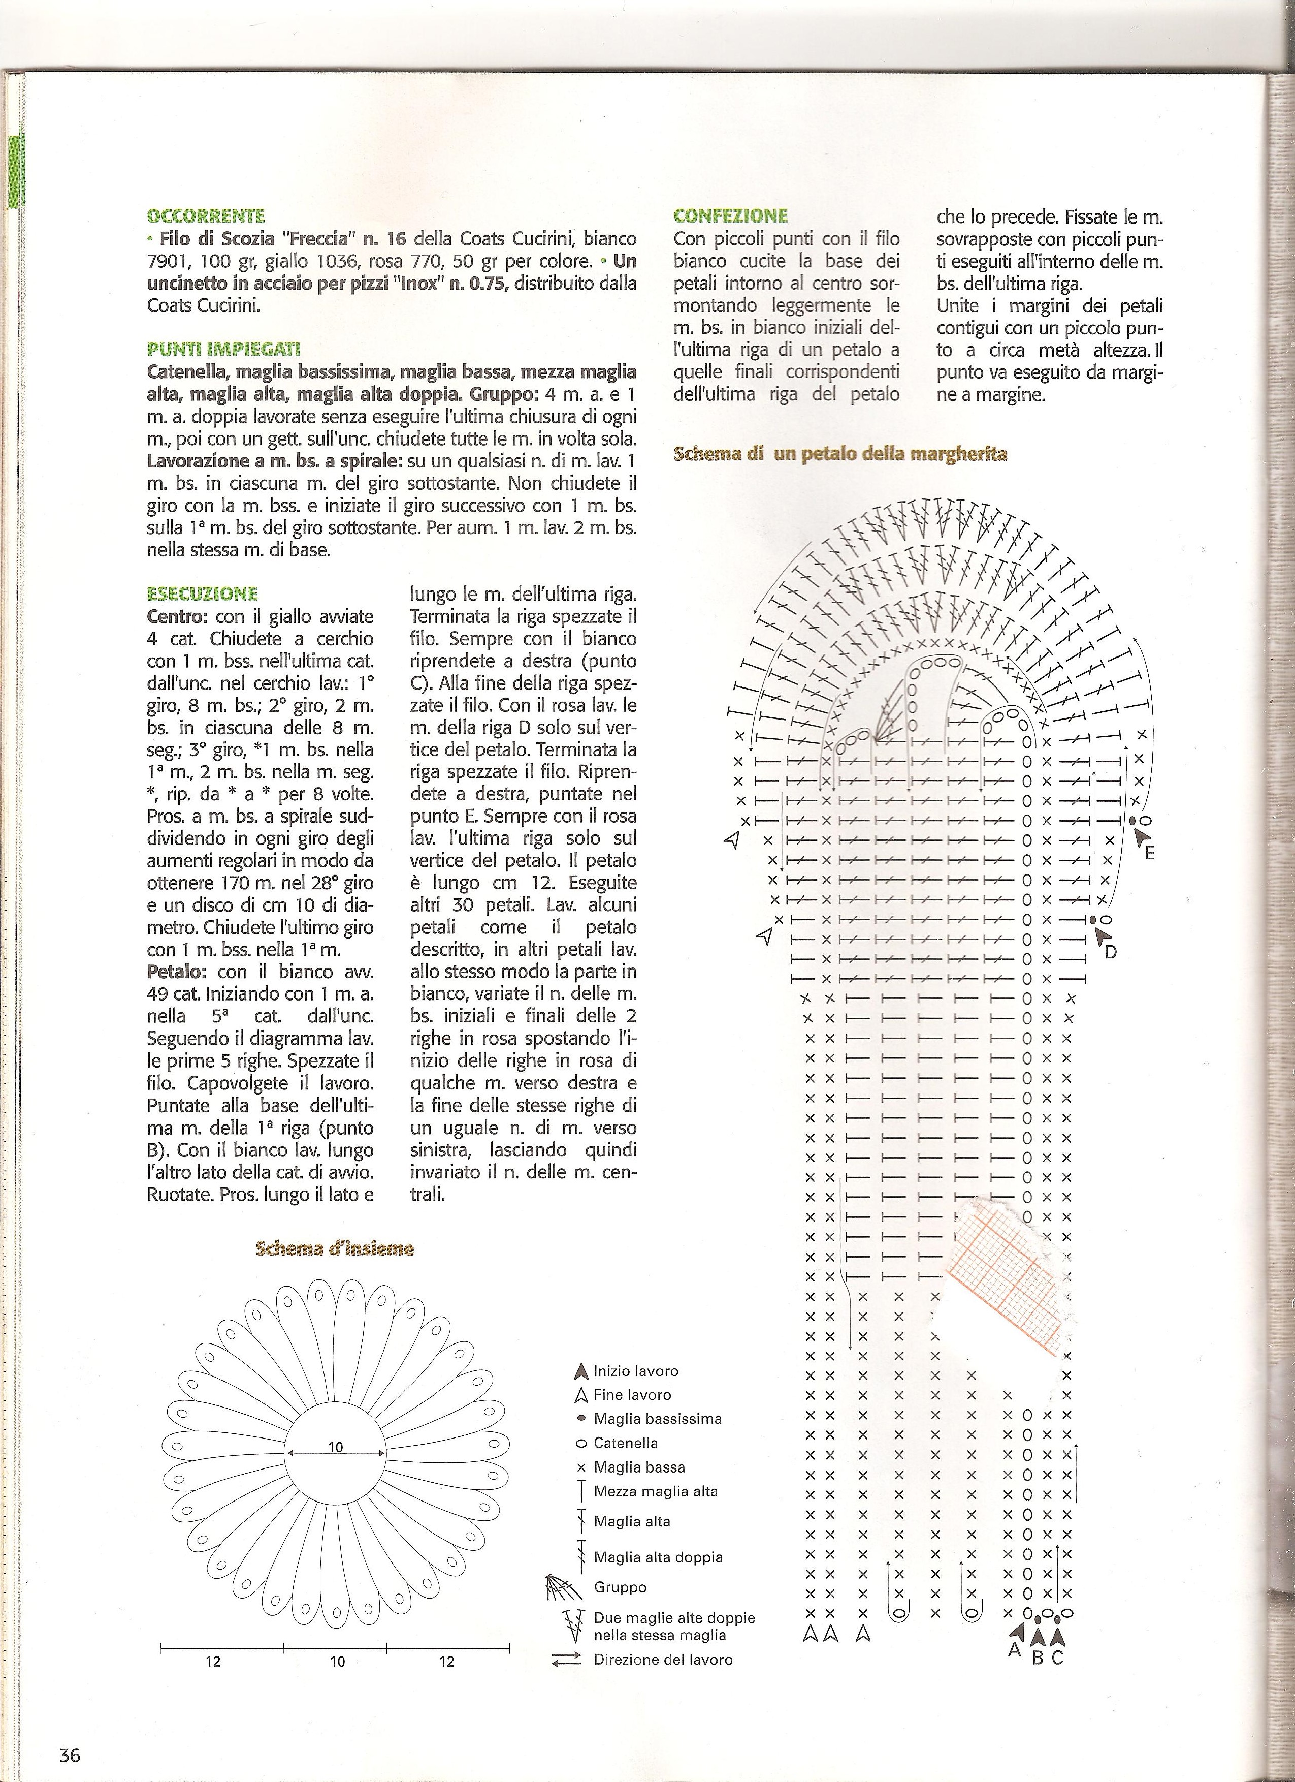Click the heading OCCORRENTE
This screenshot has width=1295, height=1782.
[x=206, y=215]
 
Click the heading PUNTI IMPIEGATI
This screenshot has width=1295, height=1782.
[x=224, y=350]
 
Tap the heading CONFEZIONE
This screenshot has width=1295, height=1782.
[x=730, y=215]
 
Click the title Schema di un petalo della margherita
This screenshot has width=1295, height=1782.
[x=840, y=454]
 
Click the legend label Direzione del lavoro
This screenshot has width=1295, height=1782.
[x=663, y=1660]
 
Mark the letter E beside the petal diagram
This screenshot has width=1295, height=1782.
[x=1150, y=853]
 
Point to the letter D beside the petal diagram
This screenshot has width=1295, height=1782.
[x=1111, y=952]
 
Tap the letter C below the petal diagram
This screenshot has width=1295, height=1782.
[x=1057, y=1658]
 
